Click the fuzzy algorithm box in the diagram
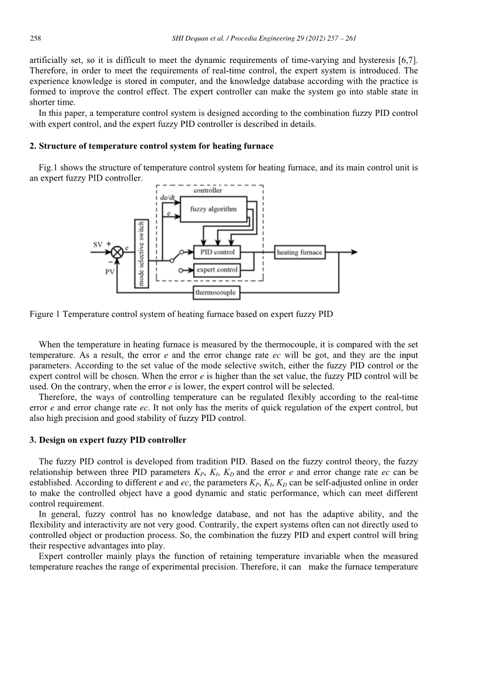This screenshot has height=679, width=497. [x=213, y=209]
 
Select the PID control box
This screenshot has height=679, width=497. [x=217, y=252]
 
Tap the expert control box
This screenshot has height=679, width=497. [x=217, y=270]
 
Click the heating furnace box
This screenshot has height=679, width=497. [x=300, y=252]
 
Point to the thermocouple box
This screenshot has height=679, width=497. [x=216, y=292]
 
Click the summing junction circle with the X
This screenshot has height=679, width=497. [x=117, y=252]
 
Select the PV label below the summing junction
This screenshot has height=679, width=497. [x=110, y=272]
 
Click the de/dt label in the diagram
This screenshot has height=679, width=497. [x=168, y=198]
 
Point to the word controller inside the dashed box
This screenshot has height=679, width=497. [x=208, y=190]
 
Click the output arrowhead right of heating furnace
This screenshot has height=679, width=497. [x=354, y=252]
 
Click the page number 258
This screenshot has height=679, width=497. [x=35, y=39]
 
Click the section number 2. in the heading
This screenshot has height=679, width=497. [x=33, y=145]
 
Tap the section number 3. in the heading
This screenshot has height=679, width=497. [x=33, y=439]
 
